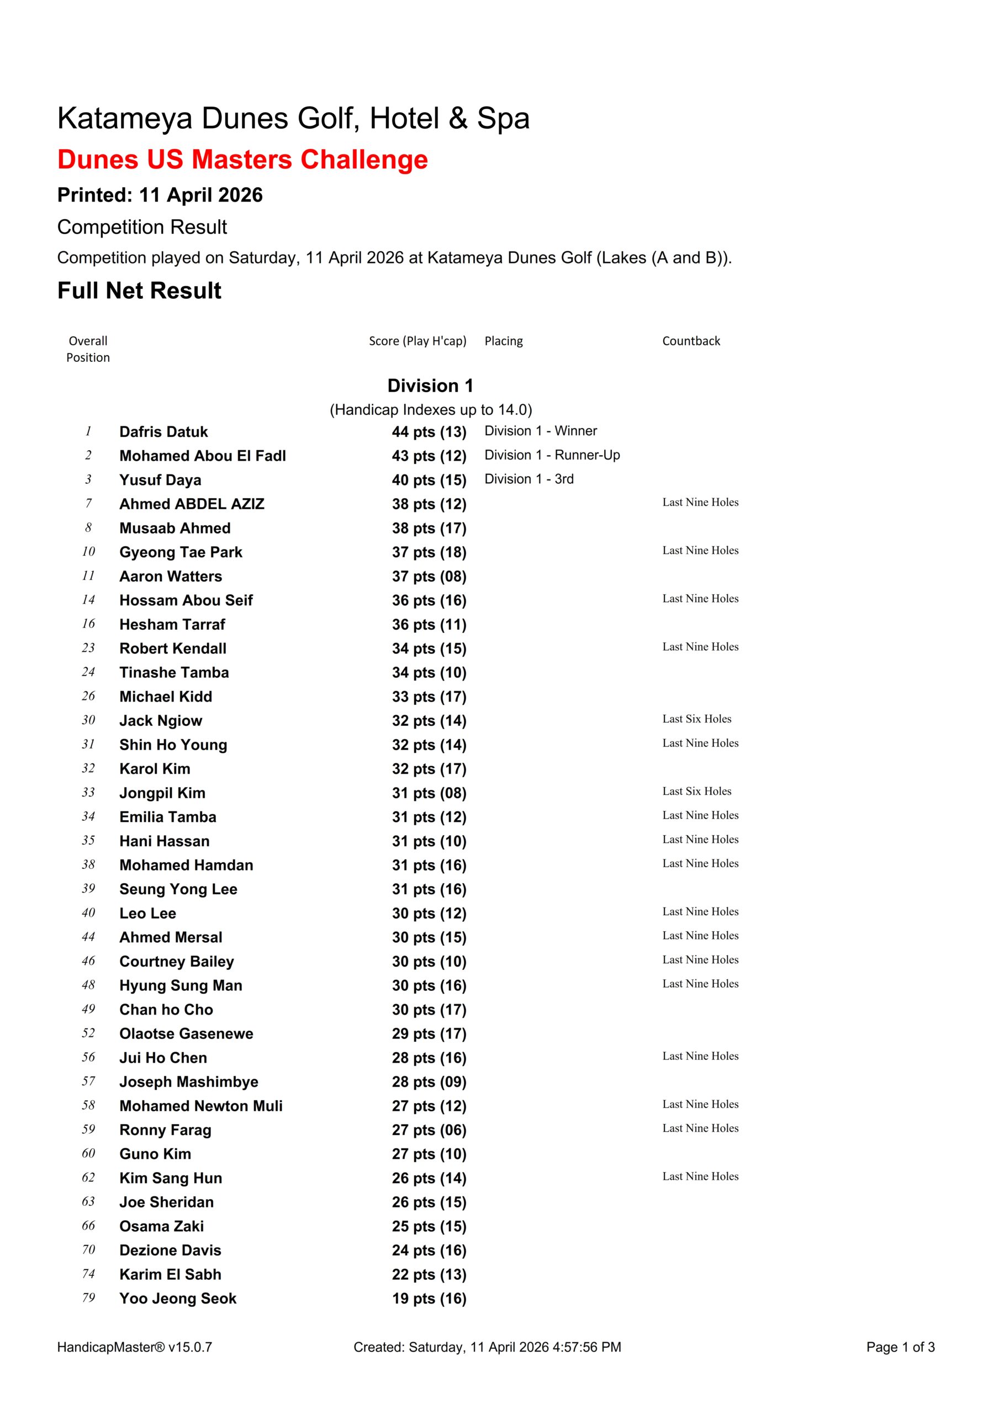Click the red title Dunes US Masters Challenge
point(242,160)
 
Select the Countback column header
point(690,341)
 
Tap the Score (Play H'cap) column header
point(417,341)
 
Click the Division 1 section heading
point(430,386)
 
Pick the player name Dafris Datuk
point(163,432)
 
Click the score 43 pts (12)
point(429,456)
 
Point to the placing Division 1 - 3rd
point(528,479)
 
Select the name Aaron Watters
point(171,577)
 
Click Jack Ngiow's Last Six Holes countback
point(696,719)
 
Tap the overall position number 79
point(89,1297)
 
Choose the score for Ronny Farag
point(429,1130)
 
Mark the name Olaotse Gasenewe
point(186,1033)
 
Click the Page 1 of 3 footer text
point(900,1347)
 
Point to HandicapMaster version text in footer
point(134,1347)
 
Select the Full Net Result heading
point(139,291)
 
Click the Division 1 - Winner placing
point(540,431)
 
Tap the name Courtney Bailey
point(176,961)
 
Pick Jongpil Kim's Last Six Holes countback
point(696,792)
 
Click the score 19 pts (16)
point(429,1299)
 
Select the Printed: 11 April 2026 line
point(160,195)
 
